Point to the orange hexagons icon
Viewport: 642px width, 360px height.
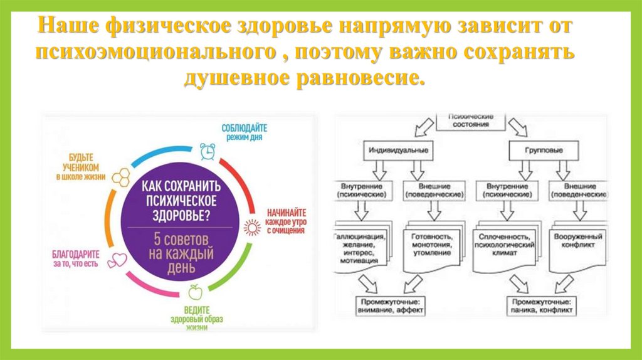[x=120, y=176]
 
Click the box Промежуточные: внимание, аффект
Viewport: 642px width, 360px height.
[x=389, y=305]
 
